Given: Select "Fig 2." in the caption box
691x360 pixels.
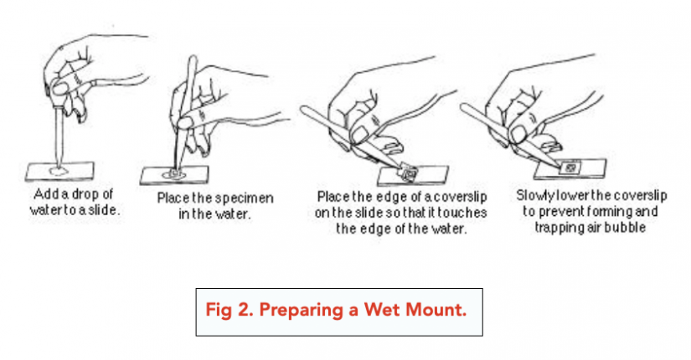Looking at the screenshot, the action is click(x=229, y=311).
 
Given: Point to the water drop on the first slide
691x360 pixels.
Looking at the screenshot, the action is click(x=59, y=170).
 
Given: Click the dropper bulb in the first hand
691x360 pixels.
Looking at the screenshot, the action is click(x=59, y=88).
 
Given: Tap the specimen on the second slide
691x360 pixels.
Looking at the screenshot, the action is click(x=174, y=174).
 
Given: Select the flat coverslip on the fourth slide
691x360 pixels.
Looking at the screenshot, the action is click(x=570, y=167).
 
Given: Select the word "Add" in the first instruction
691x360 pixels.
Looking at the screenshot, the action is click(x=44, y=194).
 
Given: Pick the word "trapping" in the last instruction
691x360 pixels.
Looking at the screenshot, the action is click(x=555, y=229).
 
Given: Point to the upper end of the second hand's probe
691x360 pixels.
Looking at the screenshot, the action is click(x=192, y=57).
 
